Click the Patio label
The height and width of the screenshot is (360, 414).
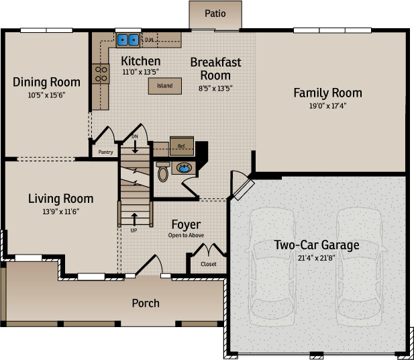click(x=215, y=13)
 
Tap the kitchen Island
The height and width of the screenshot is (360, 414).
click(x=165, y=86)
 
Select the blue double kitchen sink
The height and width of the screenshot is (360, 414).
click(x=128, y=40)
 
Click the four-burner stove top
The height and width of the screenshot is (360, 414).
click(x=101, y=74)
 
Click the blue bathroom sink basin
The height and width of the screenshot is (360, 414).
click(x=184, y=168)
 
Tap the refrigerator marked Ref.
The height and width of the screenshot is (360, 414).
click(x=182, y=146)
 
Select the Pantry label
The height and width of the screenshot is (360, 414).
click(x=105, y=152)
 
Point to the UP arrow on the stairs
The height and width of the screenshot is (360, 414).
click(x=134, y=219)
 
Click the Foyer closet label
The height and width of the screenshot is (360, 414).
click(x=208, y=264)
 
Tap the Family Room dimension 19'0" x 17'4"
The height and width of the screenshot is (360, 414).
click(x=327, y=106)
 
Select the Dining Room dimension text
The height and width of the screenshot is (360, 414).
click(x=46, y=95)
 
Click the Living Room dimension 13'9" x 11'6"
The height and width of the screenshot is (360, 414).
click(x=61, y=212)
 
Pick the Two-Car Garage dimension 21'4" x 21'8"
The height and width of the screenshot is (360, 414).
click(x=317, y=258)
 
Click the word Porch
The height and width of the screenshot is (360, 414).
click(x=146, y=303)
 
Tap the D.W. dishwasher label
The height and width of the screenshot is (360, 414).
click(x=150, y=40)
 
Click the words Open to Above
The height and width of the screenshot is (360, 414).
click(x=186, y=235)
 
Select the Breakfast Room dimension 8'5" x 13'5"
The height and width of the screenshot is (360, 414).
click(x=215, y=88)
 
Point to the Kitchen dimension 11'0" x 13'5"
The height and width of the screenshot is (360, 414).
click(x=140, y=72)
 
